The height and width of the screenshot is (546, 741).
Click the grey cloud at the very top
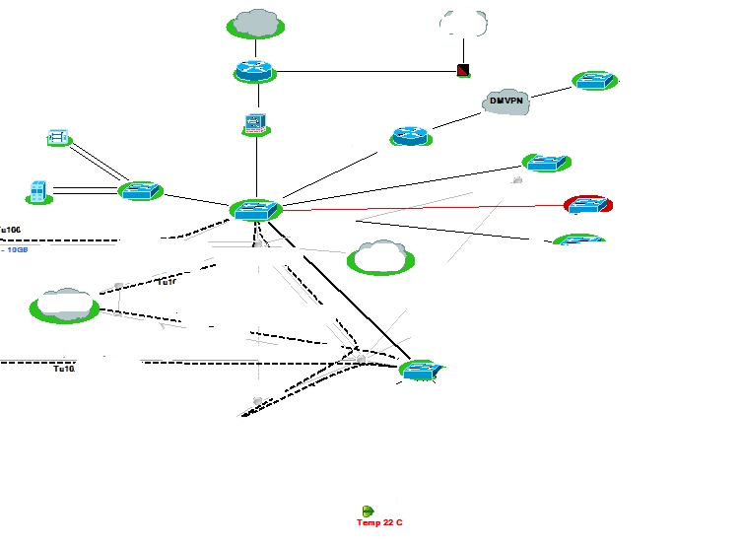(256, 23)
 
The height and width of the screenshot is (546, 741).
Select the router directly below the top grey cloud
(256, 71)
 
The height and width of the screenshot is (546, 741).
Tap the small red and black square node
(463, 70)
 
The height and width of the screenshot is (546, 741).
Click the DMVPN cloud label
(507, 102)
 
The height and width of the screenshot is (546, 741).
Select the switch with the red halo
(588, 204)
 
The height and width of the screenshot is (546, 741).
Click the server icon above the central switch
(255, 123)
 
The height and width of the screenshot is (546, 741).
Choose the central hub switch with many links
(256, 209)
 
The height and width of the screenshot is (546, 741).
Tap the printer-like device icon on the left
(58, 138)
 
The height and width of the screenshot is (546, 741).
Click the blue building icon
(38, 191)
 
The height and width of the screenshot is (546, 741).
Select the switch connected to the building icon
(140, 190)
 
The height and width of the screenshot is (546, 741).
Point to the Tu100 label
(10, 230)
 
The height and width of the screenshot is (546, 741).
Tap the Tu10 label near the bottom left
(64, 369)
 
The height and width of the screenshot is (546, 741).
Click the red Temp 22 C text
(379, 522)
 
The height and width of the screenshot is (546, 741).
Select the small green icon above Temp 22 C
(369, 511)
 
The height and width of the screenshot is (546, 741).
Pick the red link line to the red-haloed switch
(424, 208)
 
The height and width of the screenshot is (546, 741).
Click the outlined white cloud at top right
(463, 23)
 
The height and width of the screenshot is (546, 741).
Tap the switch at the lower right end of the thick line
(422, 370)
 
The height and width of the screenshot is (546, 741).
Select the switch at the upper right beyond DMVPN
(594, 81)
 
